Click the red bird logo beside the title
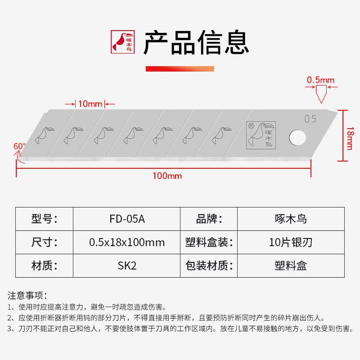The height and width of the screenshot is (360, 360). pos(122,42)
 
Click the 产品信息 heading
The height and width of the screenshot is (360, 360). pos(196,43)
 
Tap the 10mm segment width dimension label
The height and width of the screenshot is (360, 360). pos(90,104)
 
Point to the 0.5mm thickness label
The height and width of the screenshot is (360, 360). pos(321,81)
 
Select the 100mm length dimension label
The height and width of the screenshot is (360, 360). pos(167,175)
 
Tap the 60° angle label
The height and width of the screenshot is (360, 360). pos(19,146)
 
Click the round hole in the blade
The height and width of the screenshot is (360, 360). pos(297,137)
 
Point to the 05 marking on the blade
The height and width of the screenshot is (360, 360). pos(310,119)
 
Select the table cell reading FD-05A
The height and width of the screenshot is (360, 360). pos(127,219)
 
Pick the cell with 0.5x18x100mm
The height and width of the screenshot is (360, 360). pos(127,243)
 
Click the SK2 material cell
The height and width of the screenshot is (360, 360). pos(127,265)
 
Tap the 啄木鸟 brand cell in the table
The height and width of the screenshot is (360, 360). pos(290,219)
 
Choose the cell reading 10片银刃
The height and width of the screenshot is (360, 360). pos(290,243)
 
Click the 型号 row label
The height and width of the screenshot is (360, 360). pos(45,219)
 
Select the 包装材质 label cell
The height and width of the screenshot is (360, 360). pos(209,265)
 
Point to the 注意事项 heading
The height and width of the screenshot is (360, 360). pos(27,296)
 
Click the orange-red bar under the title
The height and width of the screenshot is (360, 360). pos(180,69)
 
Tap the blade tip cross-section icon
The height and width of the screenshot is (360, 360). pos(321,94)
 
